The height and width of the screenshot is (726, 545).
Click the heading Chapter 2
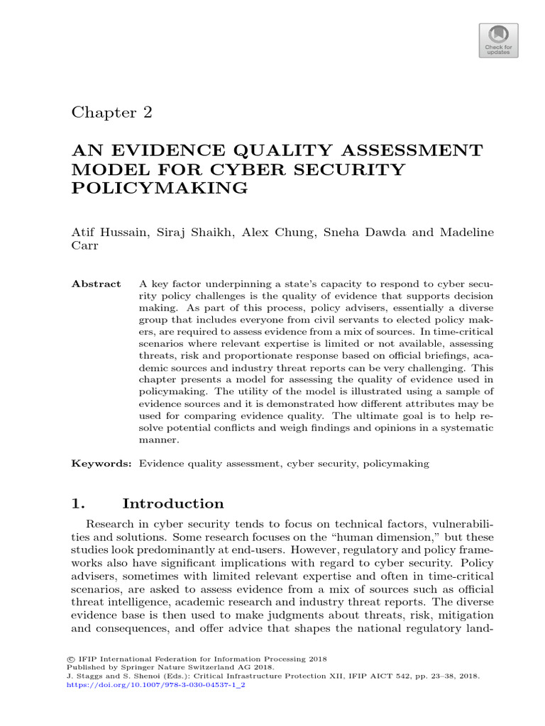pos(113,113)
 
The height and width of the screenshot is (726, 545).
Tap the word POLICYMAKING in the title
pos(160,188)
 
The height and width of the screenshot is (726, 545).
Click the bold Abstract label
pos(97,284)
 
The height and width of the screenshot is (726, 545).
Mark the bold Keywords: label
pos(102,464)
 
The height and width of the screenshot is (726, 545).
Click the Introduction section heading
pos(173,504)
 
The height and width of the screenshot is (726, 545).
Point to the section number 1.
pos(78,504)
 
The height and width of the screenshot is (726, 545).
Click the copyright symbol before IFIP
pos(71,659)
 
